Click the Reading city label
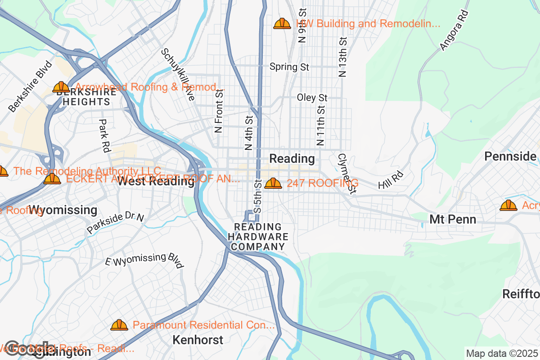click(292, 158)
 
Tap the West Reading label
click(156, 181)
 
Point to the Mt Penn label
click(453, 220)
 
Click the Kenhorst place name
click(198, 340)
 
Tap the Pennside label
click(510, 156)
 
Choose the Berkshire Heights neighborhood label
click(86, 97)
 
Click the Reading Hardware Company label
click(258, 237)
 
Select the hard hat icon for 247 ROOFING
click(273, 183)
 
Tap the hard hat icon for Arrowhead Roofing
click(61, 87)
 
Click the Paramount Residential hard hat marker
click(119, 325)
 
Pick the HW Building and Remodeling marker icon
click(282, 23)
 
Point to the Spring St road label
click(289, 67)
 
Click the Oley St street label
click(312, 98)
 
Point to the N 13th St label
click(343, 57)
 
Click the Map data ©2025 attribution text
click(502, 353)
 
